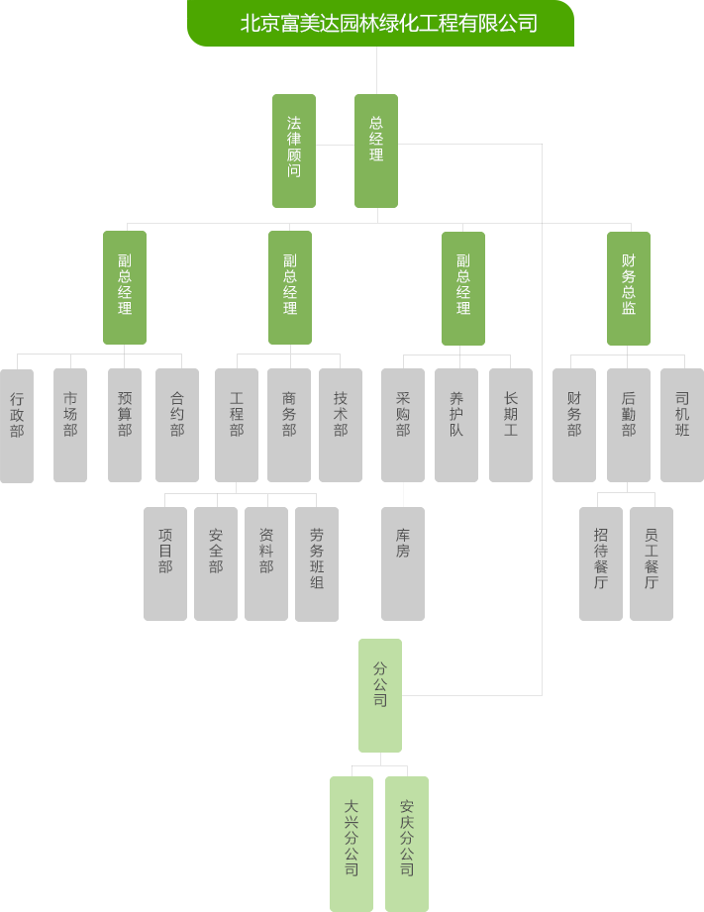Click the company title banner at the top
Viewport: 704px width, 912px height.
380,23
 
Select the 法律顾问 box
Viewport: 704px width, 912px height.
294,151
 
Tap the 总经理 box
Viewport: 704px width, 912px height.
376,151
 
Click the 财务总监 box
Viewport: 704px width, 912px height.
629,288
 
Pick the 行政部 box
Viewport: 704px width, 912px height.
17,426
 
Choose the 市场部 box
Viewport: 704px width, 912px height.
70,425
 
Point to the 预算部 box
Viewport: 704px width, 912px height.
125,425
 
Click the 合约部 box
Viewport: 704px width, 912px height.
177,425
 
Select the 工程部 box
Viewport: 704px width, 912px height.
237,425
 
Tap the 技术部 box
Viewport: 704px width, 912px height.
341,425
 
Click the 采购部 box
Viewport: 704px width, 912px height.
403,425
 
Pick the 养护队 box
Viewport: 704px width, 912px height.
456,425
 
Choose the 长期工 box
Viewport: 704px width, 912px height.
511,425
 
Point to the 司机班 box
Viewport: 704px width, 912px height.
682,425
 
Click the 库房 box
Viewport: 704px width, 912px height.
403,563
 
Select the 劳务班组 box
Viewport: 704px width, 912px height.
317,564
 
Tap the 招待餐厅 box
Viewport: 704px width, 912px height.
601,563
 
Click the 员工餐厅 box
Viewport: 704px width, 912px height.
652,563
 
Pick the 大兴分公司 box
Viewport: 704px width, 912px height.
352,844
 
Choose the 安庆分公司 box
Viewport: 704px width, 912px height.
407,844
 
